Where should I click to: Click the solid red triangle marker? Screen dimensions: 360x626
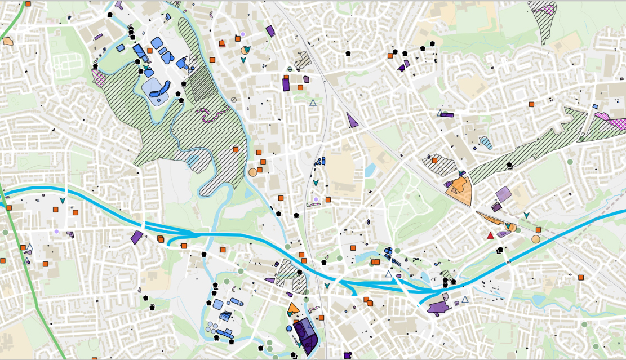click(x=490, y=235)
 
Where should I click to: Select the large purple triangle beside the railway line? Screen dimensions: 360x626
click(x=352, y=120)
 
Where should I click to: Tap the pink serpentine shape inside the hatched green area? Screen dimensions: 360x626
click(x=210, y=114)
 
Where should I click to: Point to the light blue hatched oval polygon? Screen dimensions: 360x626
click(x=485, y=143)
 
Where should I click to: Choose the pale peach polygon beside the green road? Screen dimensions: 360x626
click(x=8, y=41)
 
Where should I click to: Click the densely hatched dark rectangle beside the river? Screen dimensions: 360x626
click(x=198, y=84)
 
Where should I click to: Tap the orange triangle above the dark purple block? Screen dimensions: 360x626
click(x=293, y=308)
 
